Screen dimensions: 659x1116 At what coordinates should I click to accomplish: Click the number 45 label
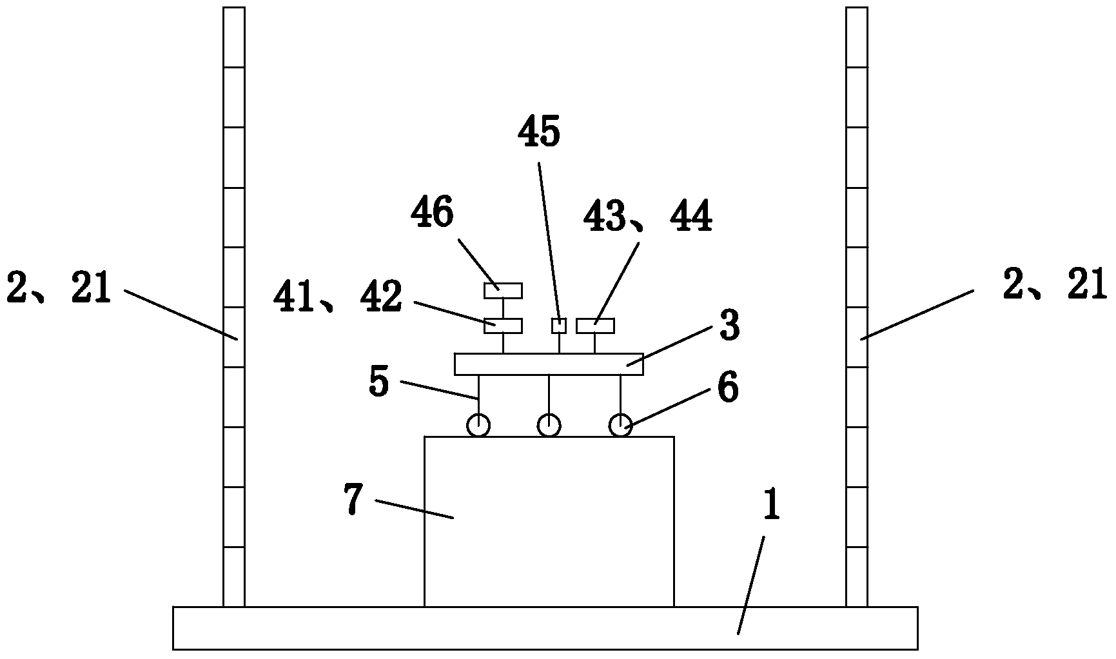[539, 133]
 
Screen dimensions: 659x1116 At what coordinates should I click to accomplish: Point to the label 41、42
[337, 297]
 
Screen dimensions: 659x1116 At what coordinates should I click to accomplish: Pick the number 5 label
[380, 381]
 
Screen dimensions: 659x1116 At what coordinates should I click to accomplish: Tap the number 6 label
[728, 390]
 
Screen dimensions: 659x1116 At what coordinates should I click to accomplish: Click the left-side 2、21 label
[59, 287]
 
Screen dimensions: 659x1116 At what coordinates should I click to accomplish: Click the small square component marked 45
[559, 326]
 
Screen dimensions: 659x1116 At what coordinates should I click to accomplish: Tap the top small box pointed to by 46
[503, 291]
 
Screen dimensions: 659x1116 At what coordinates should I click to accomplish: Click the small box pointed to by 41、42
[503, 326]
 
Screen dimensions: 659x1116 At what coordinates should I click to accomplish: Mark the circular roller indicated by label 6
[621, 426]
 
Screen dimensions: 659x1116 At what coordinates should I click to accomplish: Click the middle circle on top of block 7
[549, 426]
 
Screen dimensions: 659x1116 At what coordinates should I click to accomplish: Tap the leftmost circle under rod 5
[478, 426]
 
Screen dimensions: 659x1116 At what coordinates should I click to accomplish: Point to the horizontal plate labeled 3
[549, 364]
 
